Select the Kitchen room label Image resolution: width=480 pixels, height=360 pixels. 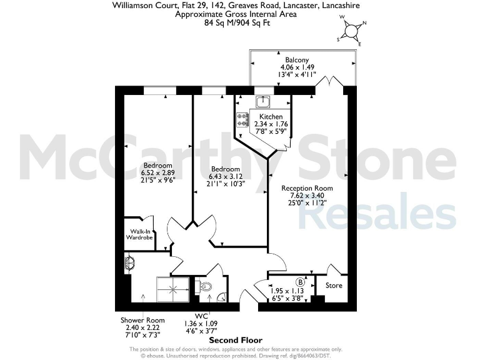pos(271,117)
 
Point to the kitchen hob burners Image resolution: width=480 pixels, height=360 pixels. pos(242,119)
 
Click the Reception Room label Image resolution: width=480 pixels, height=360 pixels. pos(307,187)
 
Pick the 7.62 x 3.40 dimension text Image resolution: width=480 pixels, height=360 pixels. pos(307,195)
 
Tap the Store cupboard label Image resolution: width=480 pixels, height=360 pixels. pos(334,286)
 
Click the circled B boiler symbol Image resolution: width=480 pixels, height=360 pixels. pos(300,282)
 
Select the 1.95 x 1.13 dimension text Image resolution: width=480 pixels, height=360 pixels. pos(286,290)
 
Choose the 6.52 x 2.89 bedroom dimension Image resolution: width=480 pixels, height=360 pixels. pos(156,172)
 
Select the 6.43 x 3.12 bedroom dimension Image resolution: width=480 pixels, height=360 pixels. pos(225,176)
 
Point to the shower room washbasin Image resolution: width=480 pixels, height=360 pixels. pos(129,262)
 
